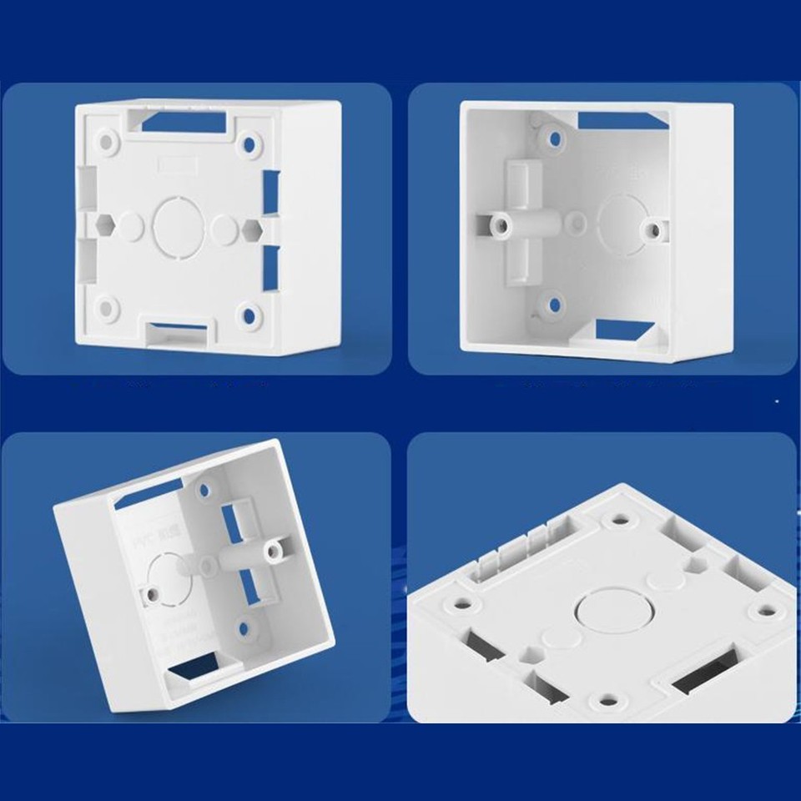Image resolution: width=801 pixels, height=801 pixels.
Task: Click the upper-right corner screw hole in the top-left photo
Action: [249, 144]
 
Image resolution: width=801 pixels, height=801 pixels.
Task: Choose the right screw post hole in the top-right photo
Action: [653, 229]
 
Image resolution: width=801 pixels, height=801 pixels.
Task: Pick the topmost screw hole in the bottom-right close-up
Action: [619, 519]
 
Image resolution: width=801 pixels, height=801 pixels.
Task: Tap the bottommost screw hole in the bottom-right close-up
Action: [606, 702]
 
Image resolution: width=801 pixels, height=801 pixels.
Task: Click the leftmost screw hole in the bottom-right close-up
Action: [460, 601]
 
